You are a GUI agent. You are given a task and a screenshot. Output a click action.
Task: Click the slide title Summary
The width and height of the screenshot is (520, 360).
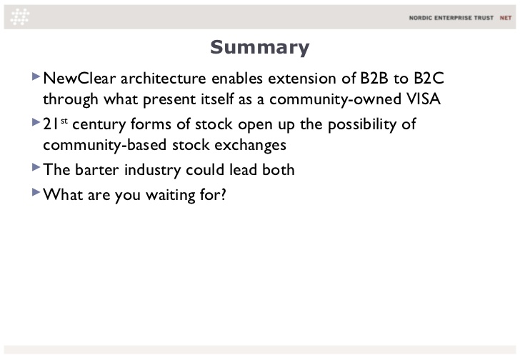pyautogui.click(x=260, y=47)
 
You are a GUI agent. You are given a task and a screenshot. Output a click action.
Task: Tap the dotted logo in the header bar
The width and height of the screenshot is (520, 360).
pyautogui.click(x=20, y=17)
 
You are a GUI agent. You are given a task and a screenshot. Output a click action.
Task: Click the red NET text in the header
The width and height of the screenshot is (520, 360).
pyautogui.click(x=506, y=18)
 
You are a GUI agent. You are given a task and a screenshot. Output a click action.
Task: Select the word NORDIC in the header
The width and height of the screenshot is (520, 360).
pyautogui.click(x=420, y=18)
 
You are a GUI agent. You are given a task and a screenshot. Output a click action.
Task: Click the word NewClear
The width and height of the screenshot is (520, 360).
pyautogui.click(x=79, y=79)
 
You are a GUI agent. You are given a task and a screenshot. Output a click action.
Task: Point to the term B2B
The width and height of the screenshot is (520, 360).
pyautogui.click(x=374, y=79)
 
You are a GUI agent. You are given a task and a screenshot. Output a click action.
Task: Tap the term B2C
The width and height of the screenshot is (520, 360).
pyautogui.click(x=429, y=79)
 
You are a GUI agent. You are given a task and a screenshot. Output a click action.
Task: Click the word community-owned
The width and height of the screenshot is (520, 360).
pyautogui.click(x=335, y=99)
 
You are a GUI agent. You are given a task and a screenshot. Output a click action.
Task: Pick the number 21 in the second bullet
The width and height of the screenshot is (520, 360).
pyautogui.click(x=51, y=124)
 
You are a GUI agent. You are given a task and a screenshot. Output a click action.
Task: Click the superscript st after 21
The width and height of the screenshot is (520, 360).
pyautogui.click(x=64, y=121)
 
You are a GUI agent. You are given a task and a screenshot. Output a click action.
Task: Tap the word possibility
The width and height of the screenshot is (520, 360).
pyautogui.click(x=362, y=125)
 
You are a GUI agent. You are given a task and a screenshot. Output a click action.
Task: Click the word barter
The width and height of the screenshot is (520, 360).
pyautogui.click(x=97, y=170)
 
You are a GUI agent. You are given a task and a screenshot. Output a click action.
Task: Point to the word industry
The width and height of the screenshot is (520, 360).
pyautogui.click(x=153, y=171)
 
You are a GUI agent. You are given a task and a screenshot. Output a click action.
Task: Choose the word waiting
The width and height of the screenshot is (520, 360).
pyautogui.click(x=171, y=195)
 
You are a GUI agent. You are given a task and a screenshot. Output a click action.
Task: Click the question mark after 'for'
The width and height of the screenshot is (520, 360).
pyautogui.click(x=223, y=194)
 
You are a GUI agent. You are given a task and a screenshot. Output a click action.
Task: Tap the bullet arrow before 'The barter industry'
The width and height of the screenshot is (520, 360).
pyautogui.click(x=36, y=167)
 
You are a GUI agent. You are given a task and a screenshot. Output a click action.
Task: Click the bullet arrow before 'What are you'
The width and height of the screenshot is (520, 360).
pyautogui.click(x=36, y=192)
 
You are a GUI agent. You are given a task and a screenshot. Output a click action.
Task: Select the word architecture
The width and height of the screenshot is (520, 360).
pyautogui.click(x=164, y=79)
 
